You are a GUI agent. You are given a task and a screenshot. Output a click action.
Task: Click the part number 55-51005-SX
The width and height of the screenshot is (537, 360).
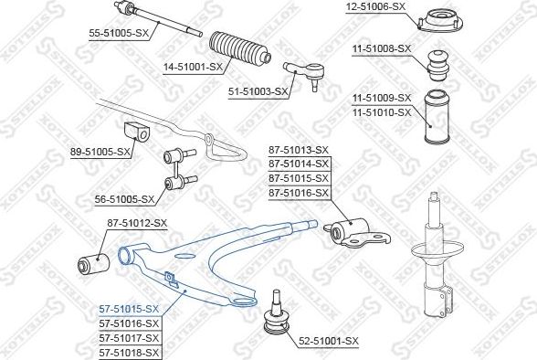(x=119, y=31)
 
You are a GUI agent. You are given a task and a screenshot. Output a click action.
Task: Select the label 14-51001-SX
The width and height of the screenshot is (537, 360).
(x=193, y=67)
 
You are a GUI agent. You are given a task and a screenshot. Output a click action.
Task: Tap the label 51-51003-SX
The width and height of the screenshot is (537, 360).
(x=259, y=90)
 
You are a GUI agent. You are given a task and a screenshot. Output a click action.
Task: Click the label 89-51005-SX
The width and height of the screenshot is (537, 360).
(x=100, y=152)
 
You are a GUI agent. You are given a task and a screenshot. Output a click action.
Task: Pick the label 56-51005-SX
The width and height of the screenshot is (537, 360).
(x=126, y=198)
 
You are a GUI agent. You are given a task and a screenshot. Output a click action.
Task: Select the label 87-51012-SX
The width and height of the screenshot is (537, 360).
(x=137, y=222)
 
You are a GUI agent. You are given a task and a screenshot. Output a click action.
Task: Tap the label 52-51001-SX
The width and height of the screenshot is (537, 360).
(x=329, y=341)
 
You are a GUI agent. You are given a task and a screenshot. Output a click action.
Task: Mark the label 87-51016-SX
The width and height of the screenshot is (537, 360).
(x=298, y=194)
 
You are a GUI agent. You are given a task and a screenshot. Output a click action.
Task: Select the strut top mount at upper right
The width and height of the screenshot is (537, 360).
(x=438, y=19)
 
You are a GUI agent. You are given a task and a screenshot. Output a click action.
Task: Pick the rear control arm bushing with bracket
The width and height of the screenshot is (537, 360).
(x=358, y=230)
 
